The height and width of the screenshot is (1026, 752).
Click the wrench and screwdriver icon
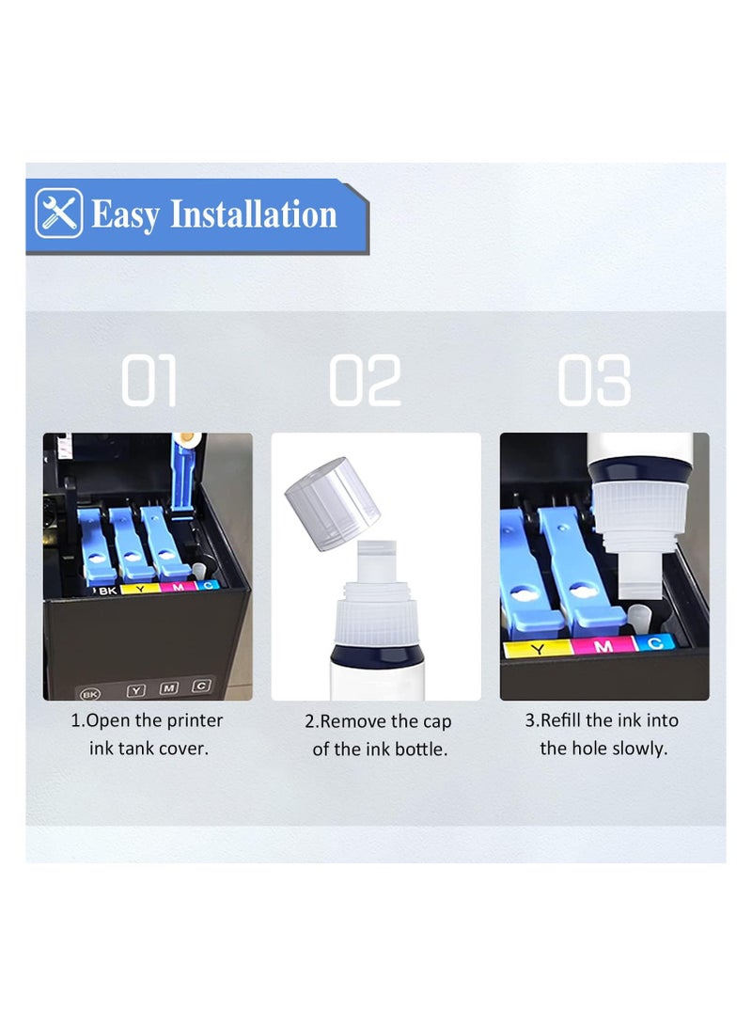pos(58,214)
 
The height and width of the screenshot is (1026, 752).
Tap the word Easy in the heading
pos(126,214)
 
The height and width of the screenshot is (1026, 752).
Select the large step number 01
pos(149,381)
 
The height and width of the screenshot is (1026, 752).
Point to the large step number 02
pos(365,381)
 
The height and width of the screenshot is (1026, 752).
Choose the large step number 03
pos(593,381)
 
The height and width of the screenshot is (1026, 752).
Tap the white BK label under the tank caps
pos(106,589)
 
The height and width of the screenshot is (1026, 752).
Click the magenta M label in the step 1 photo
pos(178,587)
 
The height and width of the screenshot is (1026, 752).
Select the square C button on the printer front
pos(200,687)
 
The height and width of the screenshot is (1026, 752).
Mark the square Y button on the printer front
pos(136,690)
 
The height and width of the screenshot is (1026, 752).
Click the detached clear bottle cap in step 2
pos(332,502)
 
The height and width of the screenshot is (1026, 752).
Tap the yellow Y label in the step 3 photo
pos(537,648)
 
